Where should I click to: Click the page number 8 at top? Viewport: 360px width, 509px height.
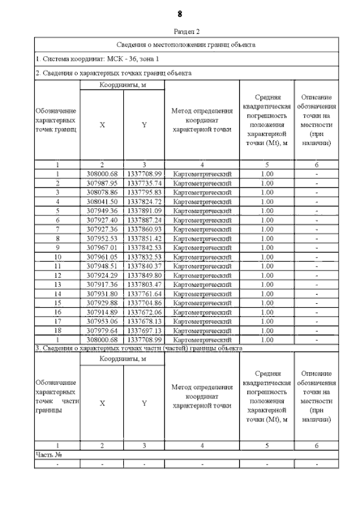click(x=179, y=13)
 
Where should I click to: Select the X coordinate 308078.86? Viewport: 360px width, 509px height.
click(x=102, y=192)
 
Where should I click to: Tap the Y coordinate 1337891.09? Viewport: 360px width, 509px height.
click(x=145, y=211)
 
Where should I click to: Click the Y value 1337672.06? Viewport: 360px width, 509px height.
click(x=145, y=312)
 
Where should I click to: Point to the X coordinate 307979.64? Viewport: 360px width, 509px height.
click(x=102, y=331)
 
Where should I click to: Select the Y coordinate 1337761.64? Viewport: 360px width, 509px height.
click(x=145, y=294)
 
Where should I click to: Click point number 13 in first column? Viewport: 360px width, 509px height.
click(x=57, y=285)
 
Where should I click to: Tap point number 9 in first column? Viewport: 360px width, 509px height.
click(x=57, y=248)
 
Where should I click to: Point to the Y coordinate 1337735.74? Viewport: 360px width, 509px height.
click(x=145, y=183)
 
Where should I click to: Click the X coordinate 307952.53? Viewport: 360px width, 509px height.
click(x=102, y=238)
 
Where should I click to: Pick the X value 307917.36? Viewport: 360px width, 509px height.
click(x=102, y=285)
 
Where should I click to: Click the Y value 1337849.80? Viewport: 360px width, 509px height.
click(x=145, y=276)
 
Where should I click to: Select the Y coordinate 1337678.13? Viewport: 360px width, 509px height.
click(x=145, y=321)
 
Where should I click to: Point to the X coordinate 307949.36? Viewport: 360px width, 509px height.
click(x=102, y=211)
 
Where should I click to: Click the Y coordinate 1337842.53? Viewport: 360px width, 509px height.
click(x=145, y=248)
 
